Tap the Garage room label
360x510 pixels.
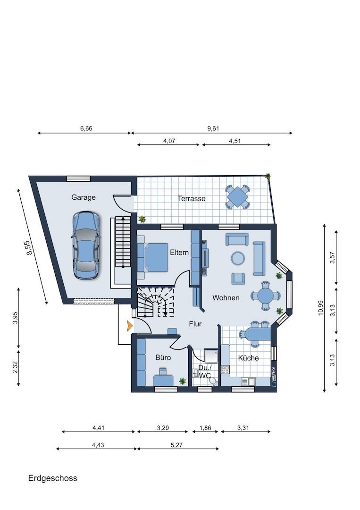point(84,197)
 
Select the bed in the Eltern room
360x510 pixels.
point(153,257)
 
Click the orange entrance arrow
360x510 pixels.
point(130,325)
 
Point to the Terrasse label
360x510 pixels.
point(192,198)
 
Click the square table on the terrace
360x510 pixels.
point(237,196)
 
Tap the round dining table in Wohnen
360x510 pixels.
point(266,296)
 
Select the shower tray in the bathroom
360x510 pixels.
point(211,356)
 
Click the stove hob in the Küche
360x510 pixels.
point(225,369)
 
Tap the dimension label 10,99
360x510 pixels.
point(321,308)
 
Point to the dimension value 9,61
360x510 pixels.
point(213,128)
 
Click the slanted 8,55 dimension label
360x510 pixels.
point(30,247)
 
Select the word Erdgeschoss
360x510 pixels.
point(53,478)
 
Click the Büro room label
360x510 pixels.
point(163,357)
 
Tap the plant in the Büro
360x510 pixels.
point(183,381)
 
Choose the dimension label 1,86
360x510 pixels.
point(205,428)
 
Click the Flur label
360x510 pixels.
point(195,323)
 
